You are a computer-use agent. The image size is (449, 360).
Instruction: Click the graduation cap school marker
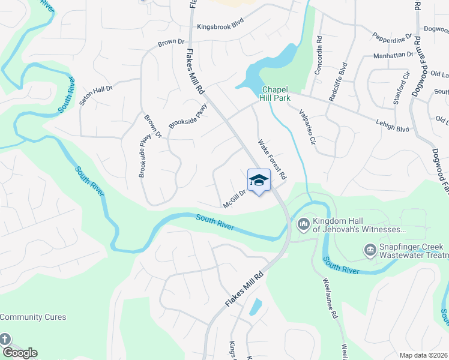coord(259,180)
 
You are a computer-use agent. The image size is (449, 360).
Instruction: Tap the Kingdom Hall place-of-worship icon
coord(304,225)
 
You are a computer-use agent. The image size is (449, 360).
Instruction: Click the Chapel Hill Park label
coord(276,93)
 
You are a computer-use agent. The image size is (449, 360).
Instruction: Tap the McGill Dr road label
coord(235,199)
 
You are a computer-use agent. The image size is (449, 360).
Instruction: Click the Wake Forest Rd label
coord(273,160)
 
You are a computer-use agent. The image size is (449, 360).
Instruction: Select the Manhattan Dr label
coord(393,55)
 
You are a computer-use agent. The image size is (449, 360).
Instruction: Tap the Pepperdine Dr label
coord(392,37)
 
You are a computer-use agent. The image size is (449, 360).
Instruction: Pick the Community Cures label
coord(33,317)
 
